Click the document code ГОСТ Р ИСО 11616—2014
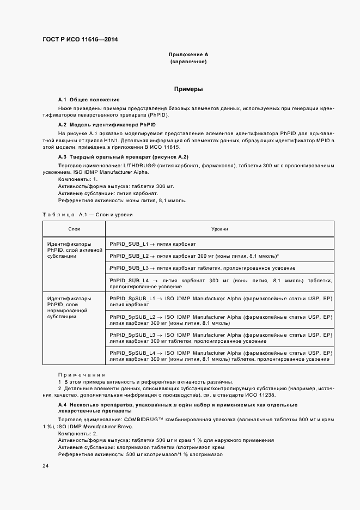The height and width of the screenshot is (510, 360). (80, 40)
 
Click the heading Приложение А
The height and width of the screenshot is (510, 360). (188, 55)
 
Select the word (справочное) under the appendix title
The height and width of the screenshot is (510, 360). (188, 62)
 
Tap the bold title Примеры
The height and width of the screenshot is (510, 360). (188, 88)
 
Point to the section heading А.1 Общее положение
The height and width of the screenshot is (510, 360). (89, 100)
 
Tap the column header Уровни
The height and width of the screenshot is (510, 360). (221, 229)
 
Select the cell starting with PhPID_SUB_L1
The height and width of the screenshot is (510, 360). (152, 244)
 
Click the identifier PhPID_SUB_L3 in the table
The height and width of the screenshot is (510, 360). (129, 268)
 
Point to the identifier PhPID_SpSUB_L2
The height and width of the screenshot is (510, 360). (132, 317)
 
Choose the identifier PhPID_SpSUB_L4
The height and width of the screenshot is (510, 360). (132, 353)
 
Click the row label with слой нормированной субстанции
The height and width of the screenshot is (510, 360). (69, 307)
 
